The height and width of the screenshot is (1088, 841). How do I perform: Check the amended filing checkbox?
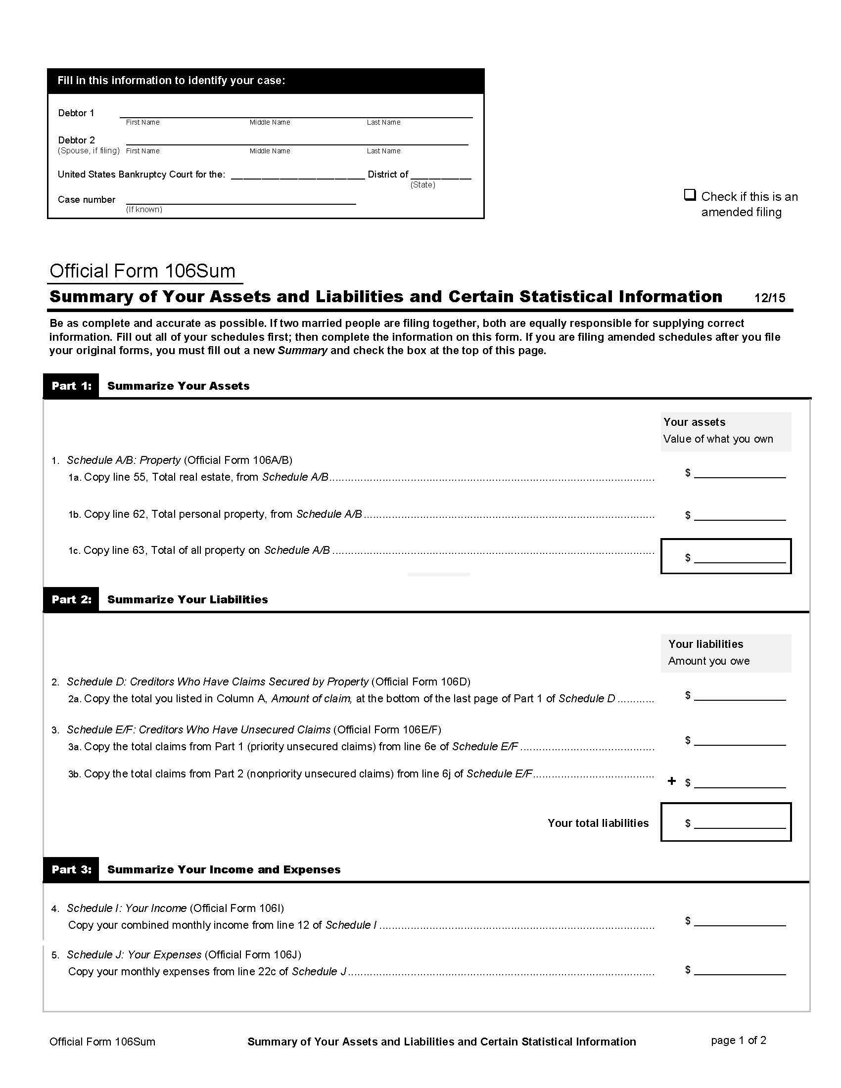pyautogui.click(x=690, y=195)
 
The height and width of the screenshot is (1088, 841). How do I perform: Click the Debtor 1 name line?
pyautogui.click(x=295, y=113)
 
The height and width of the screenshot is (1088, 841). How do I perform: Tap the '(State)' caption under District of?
pyautogui.click(x=422, y=185)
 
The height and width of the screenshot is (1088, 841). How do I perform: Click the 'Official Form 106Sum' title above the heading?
pyautogui.click(x=142, y=271)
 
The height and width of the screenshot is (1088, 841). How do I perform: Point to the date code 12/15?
pyautogui.click(x=769, y=298)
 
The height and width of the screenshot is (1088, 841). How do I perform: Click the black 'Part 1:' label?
pyautogui.click(x=71, y=386)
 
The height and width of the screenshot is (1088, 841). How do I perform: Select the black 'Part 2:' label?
pyautogui.click(x=71, y=599)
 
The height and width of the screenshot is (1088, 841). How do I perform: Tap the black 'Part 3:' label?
pyautogui.click(x=71, y=869)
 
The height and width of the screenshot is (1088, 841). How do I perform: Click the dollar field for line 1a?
pyautogui.click(x=740, y=473)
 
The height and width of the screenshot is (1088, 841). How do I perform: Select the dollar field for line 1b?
pyautogui.click(x=740, y=515)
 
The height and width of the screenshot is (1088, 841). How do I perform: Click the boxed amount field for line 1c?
pyautogui.click(x=740, y=557)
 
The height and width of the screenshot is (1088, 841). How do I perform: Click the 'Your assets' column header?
pyautogui.click(x=694, y=422)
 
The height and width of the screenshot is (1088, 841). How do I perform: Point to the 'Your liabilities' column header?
pyautogui.click(x=705, y=644)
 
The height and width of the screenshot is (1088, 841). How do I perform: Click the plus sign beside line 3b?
pyautogui.click(x=672, y=781)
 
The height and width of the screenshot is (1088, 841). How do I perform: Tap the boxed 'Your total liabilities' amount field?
pyautogui.click(x=740, y=823)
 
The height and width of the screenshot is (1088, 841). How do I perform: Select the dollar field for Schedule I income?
pyautogui.click(x=740, y=921)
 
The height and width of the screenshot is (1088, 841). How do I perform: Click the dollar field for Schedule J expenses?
pyautogui.click(x=740, y=969)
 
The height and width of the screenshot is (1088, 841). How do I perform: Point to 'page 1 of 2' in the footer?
pyautogui.click(x=739, y=1040)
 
